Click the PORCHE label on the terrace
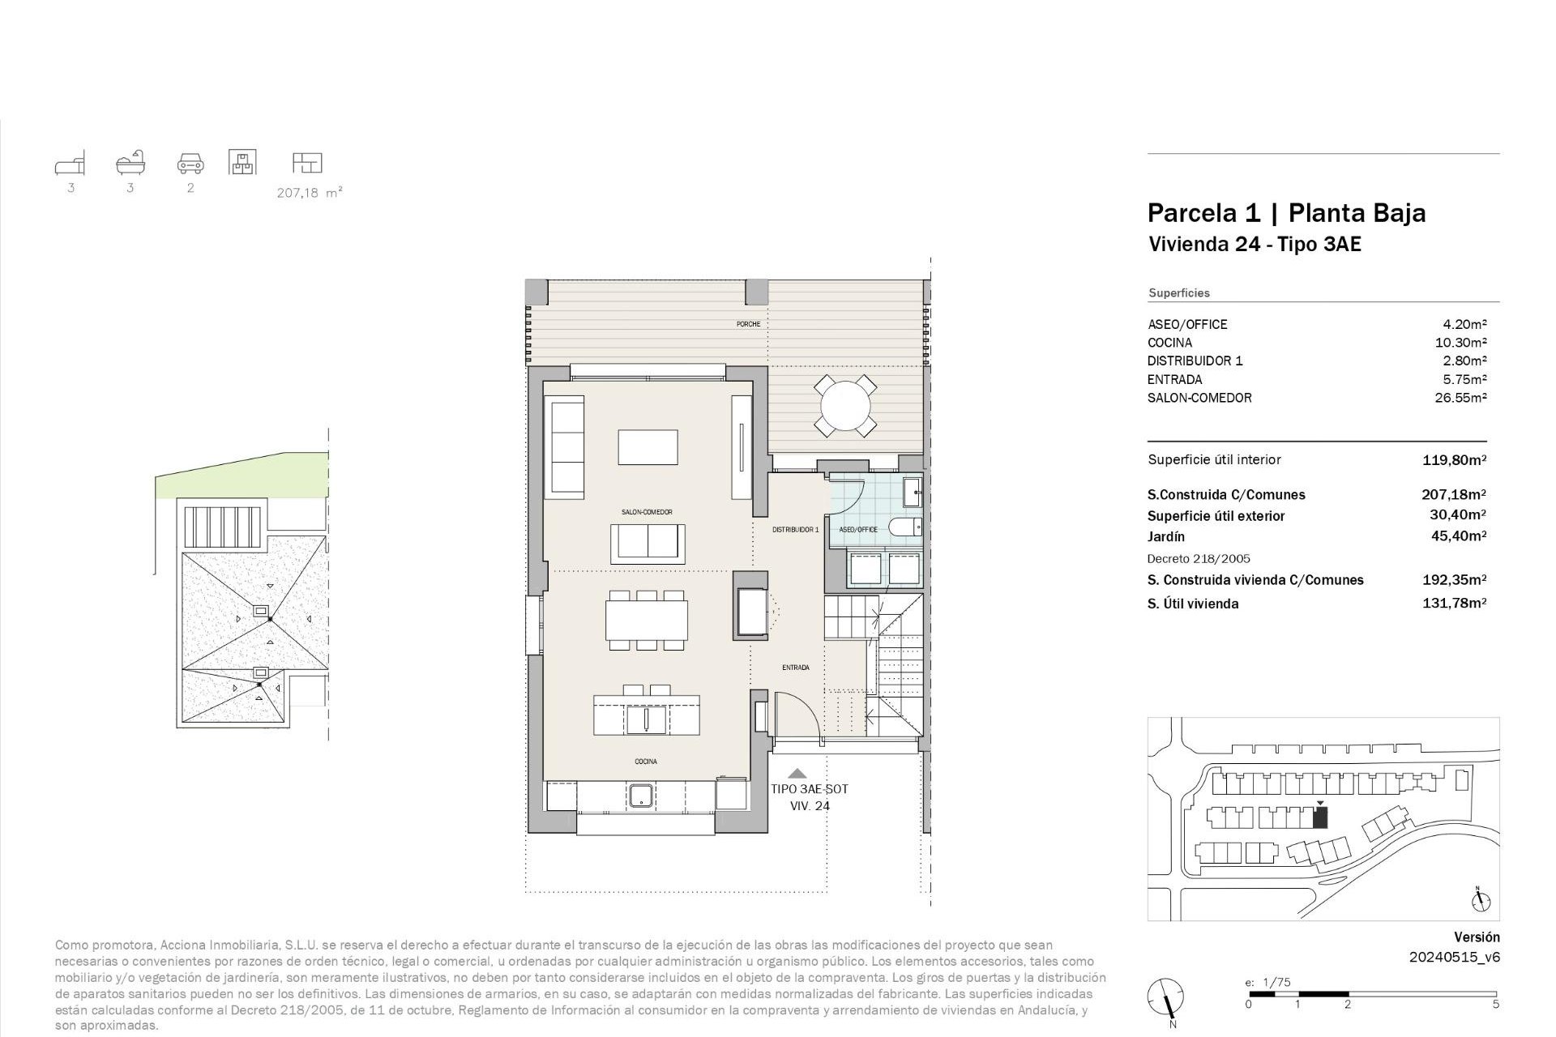[x=748, y=324]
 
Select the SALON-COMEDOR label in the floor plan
[x=647, y=512]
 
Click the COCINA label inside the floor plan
[x=646, y=762]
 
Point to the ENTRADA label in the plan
[x=795, y=668]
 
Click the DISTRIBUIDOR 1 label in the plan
[x=795, y=530]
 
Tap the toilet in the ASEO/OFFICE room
[x=907, y=527]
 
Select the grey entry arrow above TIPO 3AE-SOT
[x=797, y=774]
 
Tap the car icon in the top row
[x=190, y=164]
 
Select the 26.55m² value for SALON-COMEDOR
[x=1460, y=398]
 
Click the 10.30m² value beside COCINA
[x=1460, y=343]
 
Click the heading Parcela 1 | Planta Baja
[x=1286, y=213]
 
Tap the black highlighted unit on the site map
[x=1320, y=817]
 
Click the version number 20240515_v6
[x=1454, y=957]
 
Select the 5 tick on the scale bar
[x=1495, y=1005]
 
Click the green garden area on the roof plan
[x=243, y=478]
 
